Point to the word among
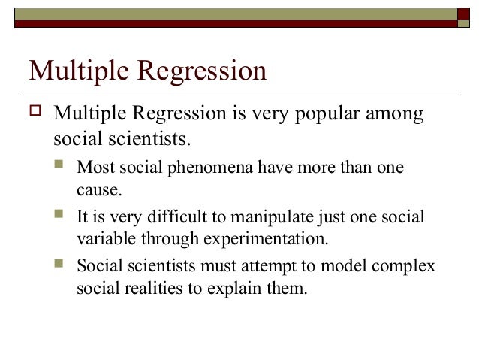[x=397, y=116]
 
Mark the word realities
[x=146, y=289]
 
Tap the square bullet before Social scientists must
[x=61, y=267]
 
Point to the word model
[x=352, y=267]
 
